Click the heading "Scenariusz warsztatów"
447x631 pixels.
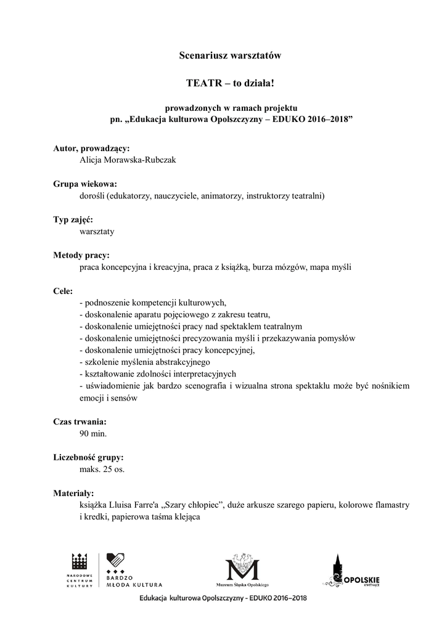tap(229, 55)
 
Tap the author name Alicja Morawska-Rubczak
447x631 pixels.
tap(128, 160)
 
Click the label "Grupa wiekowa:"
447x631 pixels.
tap(85, 184)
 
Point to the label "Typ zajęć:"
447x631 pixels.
tap(73, 219)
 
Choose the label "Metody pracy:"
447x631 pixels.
tap(81, 255)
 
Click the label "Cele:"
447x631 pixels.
tap(63, 291)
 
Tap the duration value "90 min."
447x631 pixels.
tap(93, 434)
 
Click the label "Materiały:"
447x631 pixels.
tap(73, 493)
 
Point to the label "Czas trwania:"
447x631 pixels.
tap(80, 422)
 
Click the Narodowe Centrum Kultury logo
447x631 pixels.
tap(80, 571)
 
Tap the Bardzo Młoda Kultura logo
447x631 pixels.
tap(133, 571)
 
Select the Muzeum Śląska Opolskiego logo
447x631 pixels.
tap(244, 571)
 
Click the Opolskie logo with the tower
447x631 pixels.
tap(351, 571)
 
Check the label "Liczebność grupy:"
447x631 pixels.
tap(88, 458)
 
